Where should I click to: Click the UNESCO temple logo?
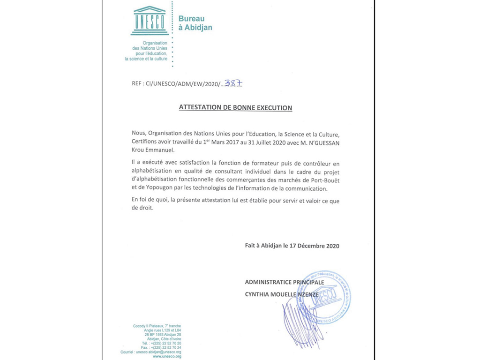click(x=150, y=21)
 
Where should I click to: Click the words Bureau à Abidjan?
click(x=195, y=23)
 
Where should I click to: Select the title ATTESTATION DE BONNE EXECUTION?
click(x=235, y=108)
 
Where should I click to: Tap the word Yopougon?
click(x=154, y=189)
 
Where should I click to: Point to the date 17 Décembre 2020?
click(x=316, y=245)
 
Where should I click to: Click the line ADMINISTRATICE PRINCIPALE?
click(x=284, y=282)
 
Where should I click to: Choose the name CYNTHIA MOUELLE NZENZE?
click(x=281, y=294)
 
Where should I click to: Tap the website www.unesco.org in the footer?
click(x=167, y=356)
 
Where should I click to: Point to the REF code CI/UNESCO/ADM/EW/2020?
click(x=176, y=84)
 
